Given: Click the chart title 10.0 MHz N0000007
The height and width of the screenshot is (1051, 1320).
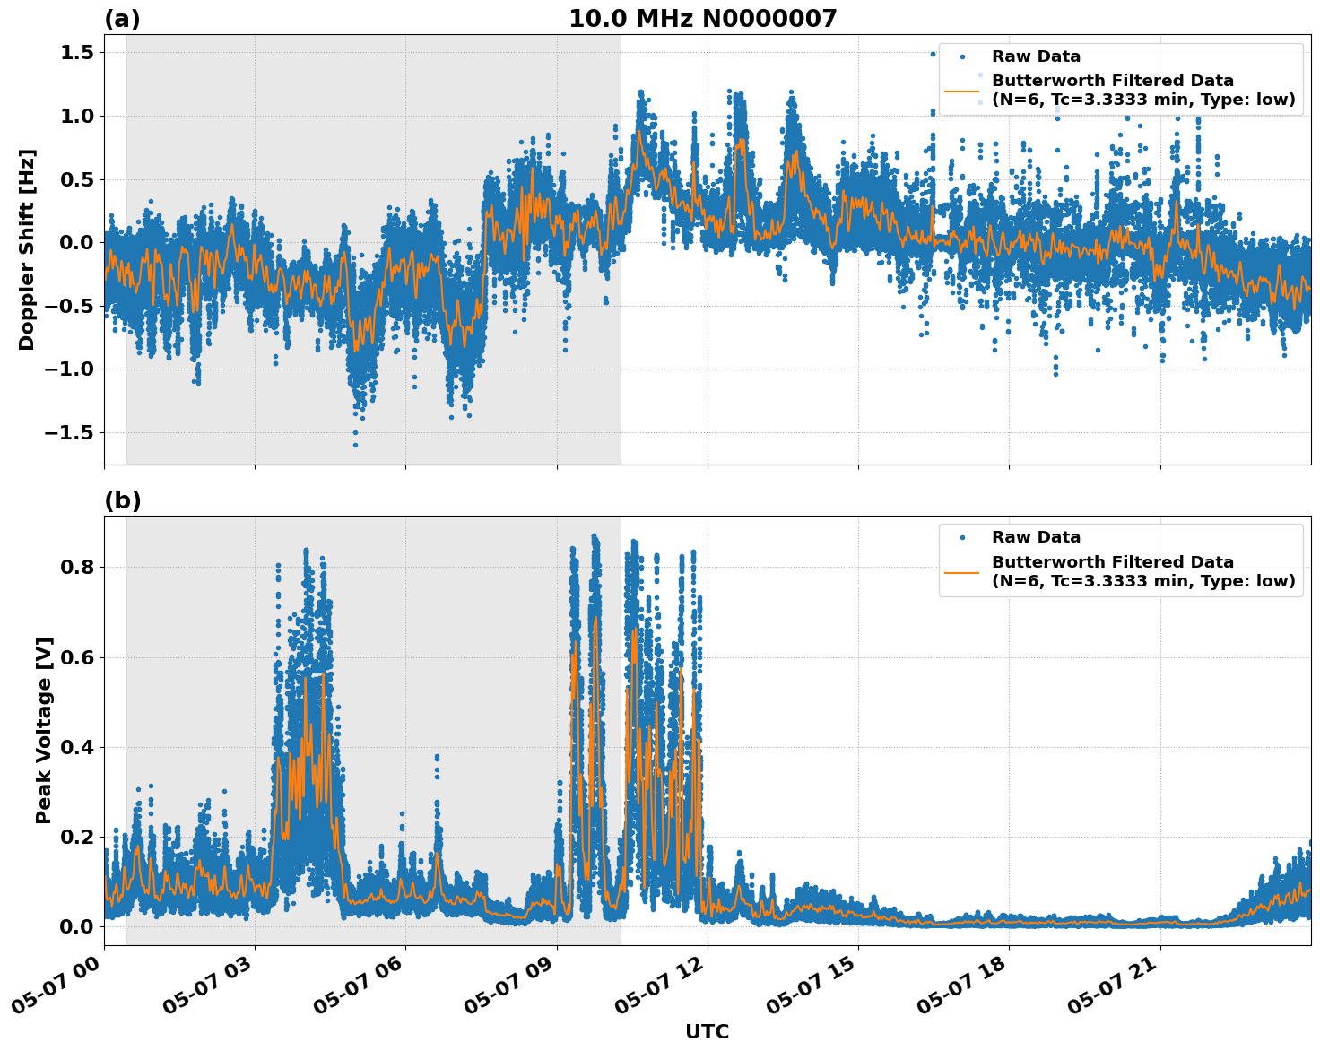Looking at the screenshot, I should point(702,19).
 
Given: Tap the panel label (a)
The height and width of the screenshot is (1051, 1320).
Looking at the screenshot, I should point(122,19).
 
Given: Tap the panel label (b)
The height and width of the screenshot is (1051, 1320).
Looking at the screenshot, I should point(122,500).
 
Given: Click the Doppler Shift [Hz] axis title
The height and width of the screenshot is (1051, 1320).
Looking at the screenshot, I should point(27,249).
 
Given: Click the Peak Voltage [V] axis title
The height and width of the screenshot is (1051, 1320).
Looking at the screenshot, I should point(44,730).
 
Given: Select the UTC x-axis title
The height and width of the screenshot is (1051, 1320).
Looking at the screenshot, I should point(707,1031).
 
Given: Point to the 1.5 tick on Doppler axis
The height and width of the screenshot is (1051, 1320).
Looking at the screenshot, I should point(76,53).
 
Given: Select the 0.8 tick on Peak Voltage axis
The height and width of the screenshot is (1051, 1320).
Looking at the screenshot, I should point(76,568).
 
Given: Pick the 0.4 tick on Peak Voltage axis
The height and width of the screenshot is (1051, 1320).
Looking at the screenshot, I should point(76,747).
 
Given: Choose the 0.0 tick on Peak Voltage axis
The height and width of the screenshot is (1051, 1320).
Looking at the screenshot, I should point(76,926).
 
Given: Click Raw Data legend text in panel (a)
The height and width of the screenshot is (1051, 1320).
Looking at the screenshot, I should point(1036,56).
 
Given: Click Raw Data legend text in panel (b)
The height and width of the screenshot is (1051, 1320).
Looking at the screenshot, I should point(1036,537).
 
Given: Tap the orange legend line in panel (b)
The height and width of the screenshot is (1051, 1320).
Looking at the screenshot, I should point(961,571).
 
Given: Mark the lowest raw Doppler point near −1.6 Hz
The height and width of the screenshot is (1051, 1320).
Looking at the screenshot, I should point(355,445).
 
